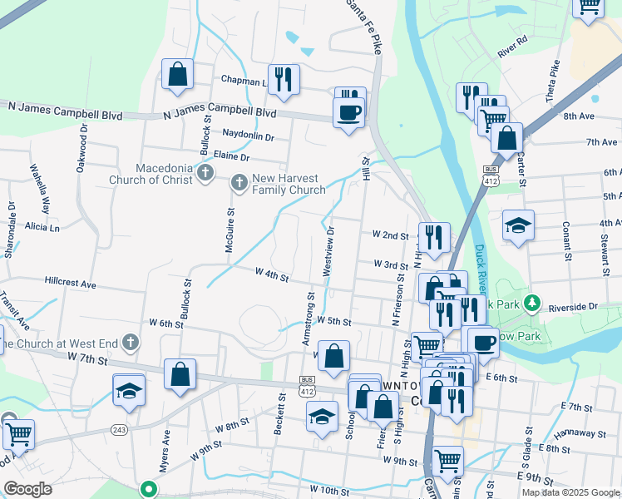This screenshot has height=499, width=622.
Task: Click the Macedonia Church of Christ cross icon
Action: coord(206,174)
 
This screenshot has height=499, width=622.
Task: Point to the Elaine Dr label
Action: coord(232,156)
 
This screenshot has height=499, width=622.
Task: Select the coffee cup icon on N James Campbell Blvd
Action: coord(348,111)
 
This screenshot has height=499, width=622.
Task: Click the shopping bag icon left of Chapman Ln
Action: coord(178,75)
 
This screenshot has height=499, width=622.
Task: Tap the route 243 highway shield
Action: coord(118,430)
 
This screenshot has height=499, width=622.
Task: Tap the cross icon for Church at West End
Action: coord(131,342)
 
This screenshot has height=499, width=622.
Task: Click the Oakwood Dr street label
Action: coord(81,150)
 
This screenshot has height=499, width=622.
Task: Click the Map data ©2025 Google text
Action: coord(570,492)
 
